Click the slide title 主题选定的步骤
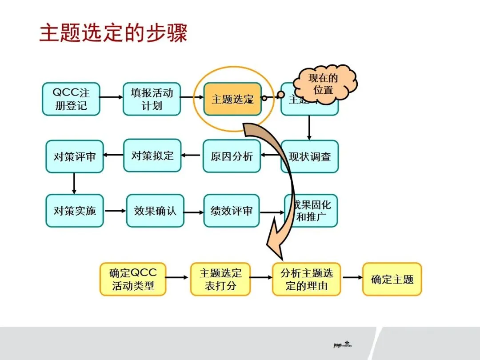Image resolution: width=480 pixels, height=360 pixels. coord(113,34)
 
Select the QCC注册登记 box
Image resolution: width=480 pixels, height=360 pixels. coord(71,99)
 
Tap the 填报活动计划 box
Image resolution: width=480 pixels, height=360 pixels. coord(152,99)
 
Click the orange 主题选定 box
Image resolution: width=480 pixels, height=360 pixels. coord(232,99)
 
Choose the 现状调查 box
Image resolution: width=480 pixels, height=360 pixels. coord(310,157)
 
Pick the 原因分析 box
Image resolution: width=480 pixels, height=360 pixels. coord(232,156)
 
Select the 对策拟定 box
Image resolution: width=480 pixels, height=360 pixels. coord(152,156)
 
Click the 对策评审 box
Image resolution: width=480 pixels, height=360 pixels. coord(74,157)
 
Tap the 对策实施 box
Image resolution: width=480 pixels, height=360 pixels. coord(74,211)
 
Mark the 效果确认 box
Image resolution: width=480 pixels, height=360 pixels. coord(155,211)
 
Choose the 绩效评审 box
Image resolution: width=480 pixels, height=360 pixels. coord(231,211)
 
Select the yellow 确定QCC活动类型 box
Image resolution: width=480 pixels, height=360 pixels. coord(133,279)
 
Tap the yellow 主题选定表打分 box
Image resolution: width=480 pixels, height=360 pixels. coord(220,279)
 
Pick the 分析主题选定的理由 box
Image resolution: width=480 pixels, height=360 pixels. coord(307,279)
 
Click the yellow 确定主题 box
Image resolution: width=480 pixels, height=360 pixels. coord(392,279)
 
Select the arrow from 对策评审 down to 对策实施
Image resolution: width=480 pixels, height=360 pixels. coord(74,183)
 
